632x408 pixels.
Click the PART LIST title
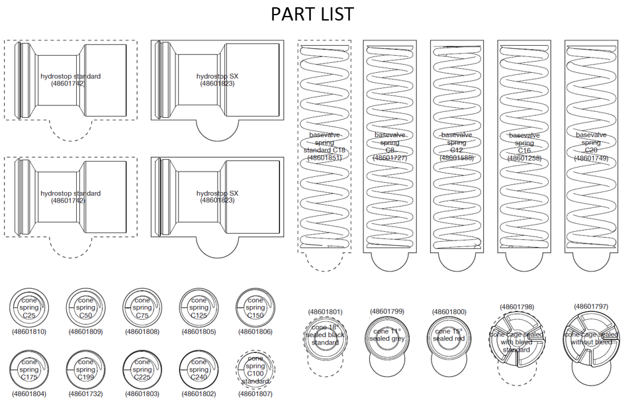point(312,14)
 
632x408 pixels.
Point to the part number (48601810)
point(29,331)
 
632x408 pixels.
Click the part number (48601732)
point(85,393)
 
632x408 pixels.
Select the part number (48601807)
point(255,393)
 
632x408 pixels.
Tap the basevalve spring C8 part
point(390,146)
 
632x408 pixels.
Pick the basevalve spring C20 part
point(591,146)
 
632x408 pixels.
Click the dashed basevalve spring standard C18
point(324,146)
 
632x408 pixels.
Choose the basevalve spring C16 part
point(524,146)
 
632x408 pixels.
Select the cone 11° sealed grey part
point(387,335)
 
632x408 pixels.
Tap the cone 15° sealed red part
point(450,335)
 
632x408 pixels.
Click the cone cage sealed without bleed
point(591,335)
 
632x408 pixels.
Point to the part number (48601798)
point(517,307)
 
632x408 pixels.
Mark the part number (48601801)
point(325,311)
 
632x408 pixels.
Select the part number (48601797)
point(591,307)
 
